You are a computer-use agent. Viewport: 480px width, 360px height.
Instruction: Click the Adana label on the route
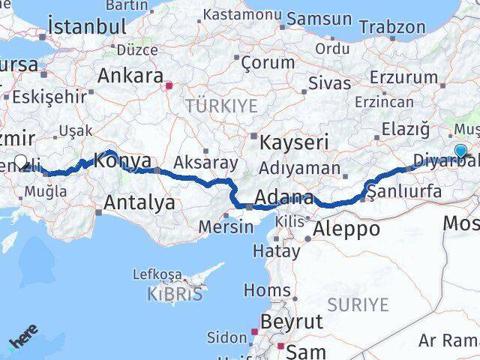(x=283, y=199)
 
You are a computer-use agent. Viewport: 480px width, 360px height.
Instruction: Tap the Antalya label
(x=139, y=202)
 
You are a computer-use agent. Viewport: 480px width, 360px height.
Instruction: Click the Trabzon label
(x=391, y=26)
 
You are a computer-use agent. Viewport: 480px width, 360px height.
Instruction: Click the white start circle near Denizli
(x=21, y=161)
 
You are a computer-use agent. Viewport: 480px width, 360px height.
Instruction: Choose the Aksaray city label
(x=205, y=163)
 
